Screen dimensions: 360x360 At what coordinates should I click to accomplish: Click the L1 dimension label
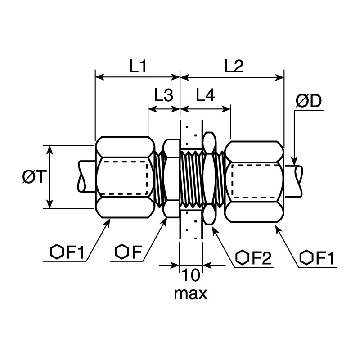click(138, 66)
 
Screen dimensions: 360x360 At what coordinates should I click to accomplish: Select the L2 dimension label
click(234, 66)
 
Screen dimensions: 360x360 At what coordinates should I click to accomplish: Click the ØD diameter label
click(309, 101)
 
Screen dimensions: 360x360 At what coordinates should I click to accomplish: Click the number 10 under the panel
click(191, 275)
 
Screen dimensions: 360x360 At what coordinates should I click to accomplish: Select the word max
click(190, 294)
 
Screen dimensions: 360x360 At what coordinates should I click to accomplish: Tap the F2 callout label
click(262, 258)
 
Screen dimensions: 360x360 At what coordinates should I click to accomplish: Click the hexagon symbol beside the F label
click(121, 252)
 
